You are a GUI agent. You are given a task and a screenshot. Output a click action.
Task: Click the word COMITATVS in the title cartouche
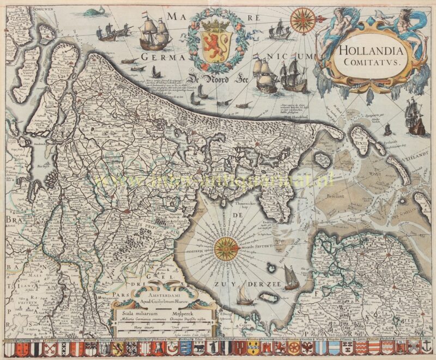point(369,62)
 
